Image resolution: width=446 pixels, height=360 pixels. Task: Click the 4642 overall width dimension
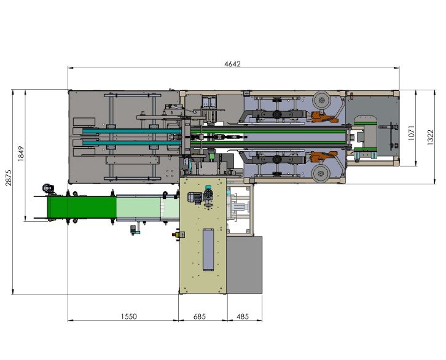pos(232,64)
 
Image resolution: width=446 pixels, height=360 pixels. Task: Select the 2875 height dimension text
pos(9,178)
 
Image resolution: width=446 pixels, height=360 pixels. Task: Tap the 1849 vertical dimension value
pos(21,154)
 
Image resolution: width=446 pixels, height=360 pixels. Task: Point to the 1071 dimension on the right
pos(412,133)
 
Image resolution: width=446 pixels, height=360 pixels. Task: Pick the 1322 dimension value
pos(431,138)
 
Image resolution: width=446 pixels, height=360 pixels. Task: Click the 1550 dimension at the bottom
pos(129,316)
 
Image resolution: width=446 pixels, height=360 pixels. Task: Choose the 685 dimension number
pos(200,316)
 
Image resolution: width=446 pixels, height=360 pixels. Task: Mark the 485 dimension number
pos(243,316)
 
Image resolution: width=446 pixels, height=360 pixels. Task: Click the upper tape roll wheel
pos(321,100)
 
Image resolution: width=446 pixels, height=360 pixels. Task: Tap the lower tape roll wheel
pos(321,173)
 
